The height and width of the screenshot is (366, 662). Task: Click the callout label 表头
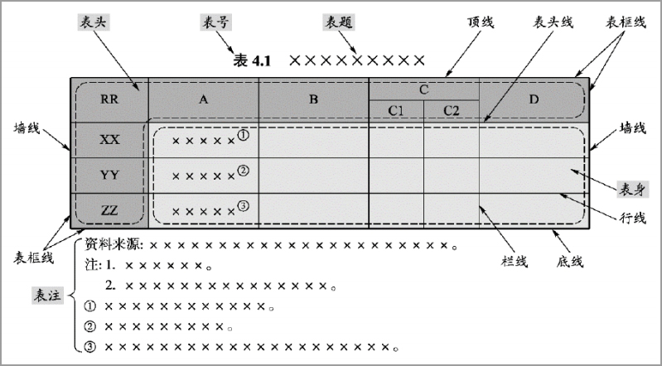94,22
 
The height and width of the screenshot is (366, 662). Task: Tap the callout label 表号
215,22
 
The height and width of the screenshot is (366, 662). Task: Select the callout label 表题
339,22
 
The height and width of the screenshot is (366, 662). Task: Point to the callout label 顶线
481,22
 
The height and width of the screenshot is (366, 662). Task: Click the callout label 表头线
553,22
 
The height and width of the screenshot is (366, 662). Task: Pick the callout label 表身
632,190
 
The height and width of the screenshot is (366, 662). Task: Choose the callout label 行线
632,218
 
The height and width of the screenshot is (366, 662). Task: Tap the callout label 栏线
515,262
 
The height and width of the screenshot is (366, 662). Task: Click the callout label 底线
570,262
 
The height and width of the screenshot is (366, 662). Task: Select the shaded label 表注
48,295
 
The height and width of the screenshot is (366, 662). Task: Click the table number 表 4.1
251,60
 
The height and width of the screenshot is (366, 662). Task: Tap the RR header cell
109,99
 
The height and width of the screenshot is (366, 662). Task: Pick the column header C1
396,111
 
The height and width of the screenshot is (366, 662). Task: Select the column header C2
452,111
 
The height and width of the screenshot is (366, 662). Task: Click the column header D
534,99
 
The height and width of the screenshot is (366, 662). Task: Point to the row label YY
109,175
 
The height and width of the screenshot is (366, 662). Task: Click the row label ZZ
109,210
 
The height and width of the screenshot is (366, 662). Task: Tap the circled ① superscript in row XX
244,135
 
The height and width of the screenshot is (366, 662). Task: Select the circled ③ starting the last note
90,347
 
